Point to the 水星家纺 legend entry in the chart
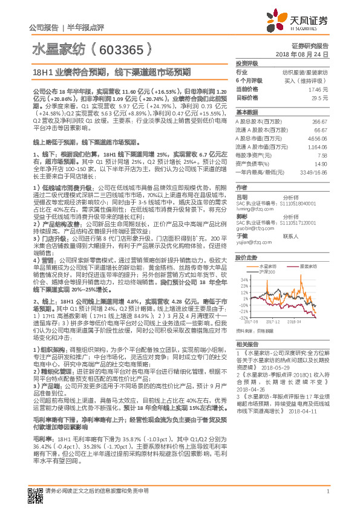[x=268, y=265]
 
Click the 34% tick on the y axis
[x=243, y=279]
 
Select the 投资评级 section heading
[x=247, y=63]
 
